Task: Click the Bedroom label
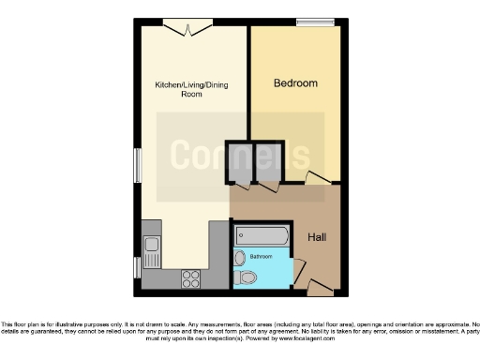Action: point(295,83)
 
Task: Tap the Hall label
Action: point(317,238)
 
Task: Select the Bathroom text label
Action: point(261,256)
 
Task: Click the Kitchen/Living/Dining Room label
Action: point(191,90)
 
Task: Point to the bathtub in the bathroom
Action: point(262,234)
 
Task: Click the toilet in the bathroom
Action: point(247,277)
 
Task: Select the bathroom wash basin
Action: point(240,257)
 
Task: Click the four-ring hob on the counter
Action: point(190,277)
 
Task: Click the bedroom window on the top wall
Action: point(309,22)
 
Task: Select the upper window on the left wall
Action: point(137,167)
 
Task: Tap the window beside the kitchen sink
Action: point(137,267)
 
